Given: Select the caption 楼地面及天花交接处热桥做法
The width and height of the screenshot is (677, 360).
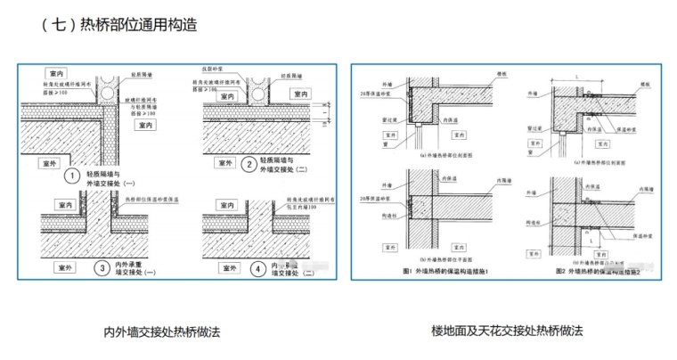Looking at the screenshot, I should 507,331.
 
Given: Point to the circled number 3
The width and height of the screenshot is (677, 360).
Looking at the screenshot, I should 102,266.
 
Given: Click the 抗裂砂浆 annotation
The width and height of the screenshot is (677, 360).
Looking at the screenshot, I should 213,68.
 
